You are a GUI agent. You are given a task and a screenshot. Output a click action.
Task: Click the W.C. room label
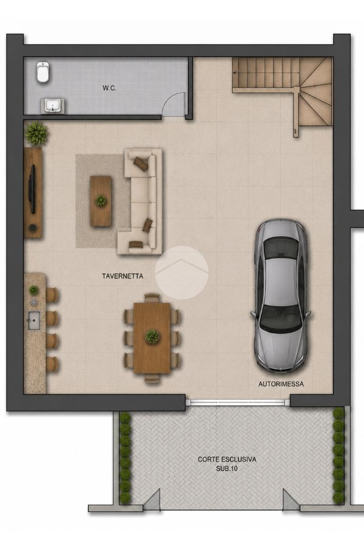point(109,89)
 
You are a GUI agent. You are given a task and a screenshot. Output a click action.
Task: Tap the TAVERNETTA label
point(123,276)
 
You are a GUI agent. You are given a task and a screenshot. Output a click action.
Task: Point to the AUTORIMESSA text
point(281,384)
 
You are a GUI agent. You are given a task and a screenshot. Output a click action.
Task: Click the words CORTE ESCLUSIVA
point(227,460)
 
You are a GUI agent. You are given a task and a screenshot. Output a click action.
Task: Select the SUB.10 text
point(227,469)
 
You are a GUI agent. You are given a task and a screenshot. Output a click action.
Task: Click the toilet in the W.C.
point(43,72)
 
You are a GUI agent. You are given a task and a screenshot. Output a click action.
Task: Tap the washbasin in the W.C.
point(53,106)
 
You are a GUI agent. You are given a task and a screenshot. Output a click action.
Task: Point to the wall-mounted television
point(33,188)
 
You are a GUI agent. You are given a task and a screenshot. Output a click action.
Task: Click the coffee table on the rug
point(101,201)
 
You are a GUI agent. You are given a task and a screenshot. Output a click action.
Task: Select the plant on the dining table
point(152,336)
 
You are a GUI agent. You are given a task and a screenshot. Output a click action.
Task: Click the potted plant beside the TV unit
point(36,133)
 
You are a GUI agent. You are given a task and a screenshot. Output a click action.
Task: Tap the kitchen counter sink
point(34,320)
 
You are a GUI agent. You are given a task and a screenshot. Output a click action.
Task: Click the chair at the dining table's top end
point(152,298)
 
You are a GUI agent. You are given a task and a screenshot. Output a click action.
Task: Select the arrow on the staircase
point(266,73)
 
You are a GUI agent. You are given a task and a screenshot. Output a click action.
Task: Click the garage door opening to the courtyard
point(238,402)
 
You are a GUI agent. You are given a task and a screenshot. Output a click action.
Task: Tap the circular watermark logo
point(182,272)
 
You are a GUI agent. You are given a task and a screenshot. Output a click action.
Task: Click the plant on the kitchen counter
point(34,290)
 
